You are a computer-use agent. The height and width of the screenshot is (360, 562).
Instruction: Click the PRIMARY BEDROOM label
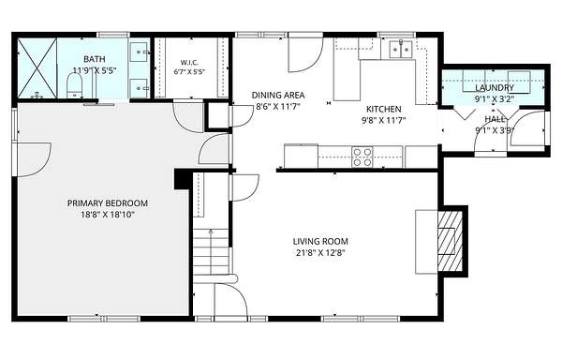pos(108,203)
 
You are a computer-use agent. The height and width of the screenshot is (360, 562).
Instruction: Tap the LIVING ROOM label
pos(320,241)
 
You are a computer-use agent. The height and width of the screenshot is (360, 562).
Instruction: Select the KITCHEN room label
pos(383,109)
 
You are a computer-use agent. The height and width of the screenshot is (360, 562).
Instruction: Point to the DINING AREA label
pos(278,96)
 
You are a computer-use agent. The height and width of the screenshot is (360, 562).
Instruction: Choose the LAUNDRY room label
pos(495,88)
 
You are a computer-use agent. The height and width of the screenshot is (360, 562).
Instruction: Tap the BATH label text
pos(95,59)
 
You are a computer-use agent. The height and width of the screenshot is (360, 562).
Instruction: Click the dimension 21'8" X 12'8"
pos(320,253)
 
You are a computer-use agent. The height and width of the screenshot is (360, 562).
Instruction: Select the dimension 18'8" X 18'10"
pos(108,215)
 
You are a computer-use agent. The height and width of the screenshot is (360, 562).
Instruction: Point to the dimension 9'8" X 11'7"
pos(383,121)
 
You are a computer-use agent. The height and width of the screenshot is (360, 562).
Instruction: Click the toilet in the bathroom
pos(75,86)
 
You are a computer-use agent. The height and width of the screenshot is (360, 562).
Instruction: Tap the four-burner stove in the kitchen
pos(362,157)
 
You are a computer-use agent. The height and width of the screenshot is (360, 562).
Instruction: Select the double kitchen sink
pos(401,49)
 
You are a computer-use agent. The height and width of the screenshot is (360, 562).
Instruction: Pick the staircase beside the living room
pos(212,251)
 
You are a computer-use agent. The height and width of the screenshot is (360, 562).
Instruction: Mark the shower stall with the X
pos(37,68)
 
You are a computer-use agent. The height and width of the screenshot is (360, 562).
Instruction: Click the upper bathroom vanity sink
pos(140,52)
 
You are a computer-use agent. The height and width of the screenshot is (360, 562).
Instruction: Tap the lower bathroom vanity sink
pos(140,88)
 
